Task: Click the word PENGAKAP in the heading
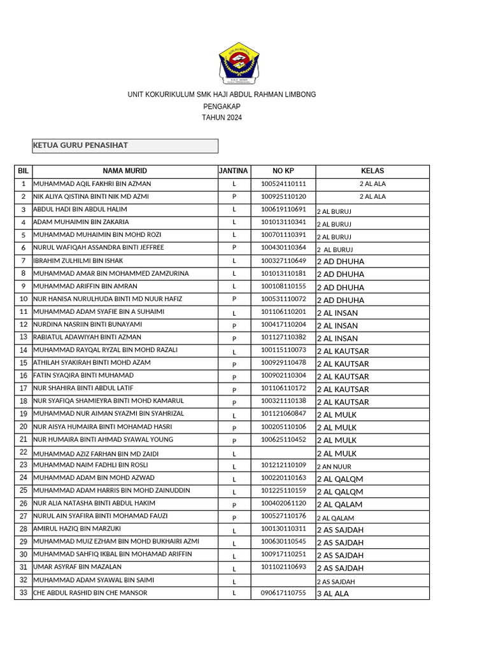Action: coord(222,106)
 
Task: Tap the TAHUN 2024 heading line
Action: coord(222,118)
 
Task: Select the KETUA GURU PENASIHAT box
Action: coord(125,146)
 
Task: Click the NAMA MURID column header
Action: coord(125,171)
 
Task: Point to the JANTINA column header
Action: coord(234,171)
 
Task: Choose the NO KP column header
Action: coord(283,171)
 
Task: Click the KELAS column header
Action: coord(372,171)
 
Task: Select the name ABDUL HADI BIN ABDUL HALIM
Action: coord(80,209)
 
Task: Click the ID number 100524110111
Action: coord(283,184)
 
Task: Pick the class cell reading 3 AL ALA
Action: coord(333,593)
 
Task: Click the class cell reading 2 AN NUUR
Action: coord(334,466)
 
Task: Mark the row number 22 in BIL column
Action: coord(24,452)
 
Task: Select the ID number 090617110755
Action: coord(283,593)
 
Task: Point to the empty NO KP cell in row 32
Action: coord(283,580)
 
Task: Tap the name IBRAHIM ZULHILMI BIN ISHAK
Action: coord(78,261)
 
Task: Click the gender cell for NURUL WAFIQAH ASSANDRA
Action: coord(234,248)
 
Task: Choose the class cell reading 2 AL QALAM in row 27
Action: coord(336,518)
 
